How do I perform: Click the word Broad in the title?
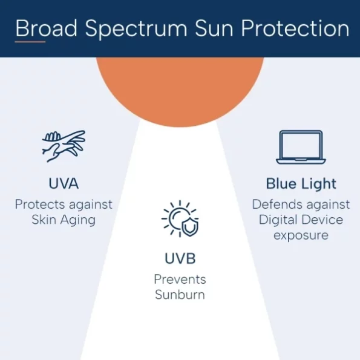click(x=46, y=28)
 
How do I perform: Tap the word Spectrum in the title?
click(x=136, y=29)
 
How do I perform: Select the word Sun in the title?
click(x=214, y=28)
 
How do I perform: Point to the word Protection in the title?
click(x=295, y=28)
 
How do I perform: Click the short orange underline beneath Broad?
click(x=30, y=42)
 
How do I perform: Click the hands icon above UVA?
click(x=64, y=146)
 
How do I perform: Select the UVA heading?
click(x=64, y=183)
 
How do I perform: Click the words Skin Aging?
click(x=64, y=220)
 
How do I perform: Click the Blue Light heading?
click(x=301, y=184)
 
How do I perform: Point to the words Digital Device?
click(x=301, y=220)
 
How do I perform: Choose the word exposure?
click(x=301, y=235)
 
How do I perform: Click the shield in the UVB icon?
click(x=190, y=227)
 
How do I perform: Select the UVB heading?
click(x=180, y=258)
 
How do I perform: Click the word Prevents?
click(x=180, y=279)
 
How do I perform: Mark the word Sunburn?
click(x=180, y=295)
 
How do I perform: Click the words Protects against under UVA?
click(x=64, y=205)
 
